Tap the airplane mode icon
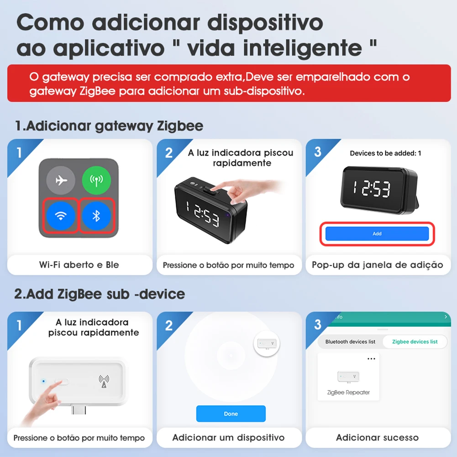click(60, 180)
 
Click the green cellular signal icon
click(96, 180)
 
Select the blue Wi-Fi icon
click(60, 215)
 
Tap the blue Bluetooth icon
click(96, 215)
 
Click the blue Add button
click(377, 234)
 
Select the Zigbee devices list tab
click(415, 341)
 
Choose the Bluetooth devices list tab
click(350, 341)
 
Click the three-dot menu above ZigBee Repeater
click(371, 359)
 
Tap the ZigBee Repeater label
click(348, 393)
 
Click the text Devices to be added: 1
click(385, 153)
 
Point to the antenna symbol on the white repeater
click(104, 381)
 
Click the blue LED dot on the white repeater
click(43, 380)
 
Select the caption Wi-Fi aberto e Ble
click(79, 265)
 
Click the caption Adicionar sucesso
click(377, 437)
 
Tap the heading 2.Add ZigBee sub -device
click(100, 294)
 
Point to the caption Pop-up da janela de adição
click(377, 265)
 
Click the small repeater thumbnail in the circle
click(267, 342)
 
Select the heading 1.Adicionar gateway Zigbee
click(109, 126)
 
